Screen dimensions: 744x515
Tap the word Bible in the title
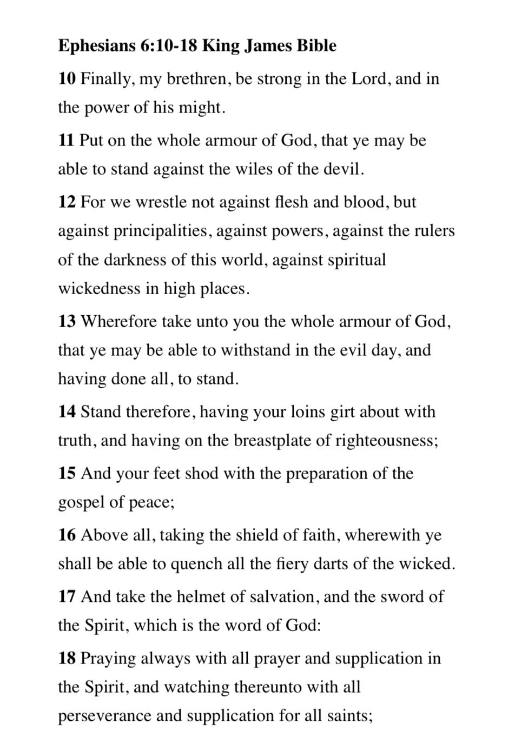pyautogui.click(x=316, y=46)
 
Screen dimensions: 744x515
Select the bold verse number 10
pyautogui.click(x=67, y=79)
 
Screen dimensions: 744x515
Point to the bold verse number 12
pyautogui.click(x=67, y=202)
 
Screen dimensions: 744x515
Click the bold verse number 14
pyautogui.click(x=67, y=412)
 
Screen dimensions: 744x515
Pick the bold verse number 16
pyautogui.click(x=67, y=535)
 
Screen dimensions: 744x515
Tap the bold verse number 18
pyautogui.click(x=67, y=659)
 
